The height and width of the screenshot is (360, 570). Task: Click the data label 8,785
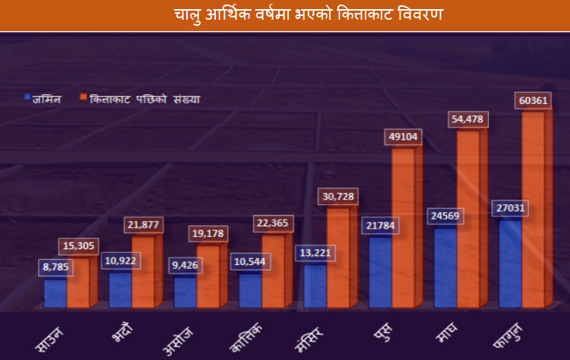56,267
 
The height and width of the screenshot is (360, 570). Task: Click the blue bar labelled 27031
511,262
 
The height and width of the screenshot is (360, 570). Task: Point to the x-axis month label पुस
384,334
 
